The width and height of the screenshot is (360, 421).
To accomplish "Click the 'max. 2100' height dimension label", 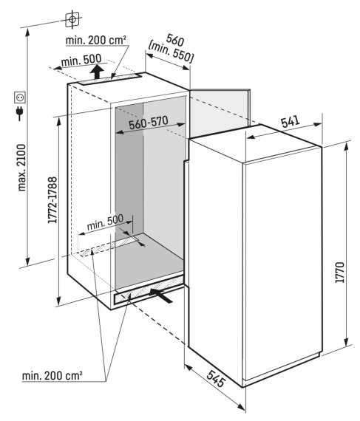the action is click(22, 168).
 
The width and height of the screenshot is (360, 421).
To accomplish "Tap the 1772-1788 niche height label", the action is click(52, 200).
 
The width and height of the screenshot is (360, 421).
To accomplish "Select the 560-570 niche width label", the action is click(149, 123).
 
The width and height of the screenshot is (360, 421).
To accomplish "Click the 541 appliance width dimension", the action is click(291, 122).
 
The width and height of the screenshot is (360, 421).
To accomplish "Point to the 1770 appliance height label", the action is click(340, 272).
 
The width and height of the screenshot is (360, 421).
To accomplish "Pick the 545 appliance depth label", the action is click(216, 378).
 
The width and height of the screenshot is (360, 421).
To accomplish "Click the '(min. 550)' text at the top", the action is click(171, 52).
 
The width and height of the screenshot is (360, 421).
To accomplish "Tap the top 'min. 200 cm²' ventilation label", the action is click(96, 41).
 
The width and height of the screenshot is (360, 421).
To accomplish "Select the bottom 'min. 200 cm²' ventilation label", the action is click(52, 376).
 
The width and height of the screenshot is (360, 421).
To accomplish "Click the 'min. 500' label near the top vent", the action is click(81, 60).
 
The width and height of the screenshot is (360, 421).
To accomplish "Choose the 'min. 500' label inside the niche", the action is click(105, 222).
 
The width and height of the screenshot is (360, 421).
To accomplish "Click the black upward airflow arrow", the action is click(97, 71).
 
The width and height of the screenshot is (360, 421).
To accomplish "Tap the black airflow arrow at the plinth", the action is click(160, 295).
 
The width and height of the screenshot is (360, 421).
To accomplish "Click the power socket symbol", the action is click(20, 97).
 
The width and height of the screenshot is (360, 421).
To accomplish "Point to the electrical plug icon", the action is click(20, 113).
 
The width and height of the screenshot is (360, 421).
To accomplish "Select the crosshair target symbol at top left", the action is click(72, 19).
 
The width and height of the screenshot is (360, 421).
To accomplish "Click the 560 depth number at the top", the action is click(175, 40).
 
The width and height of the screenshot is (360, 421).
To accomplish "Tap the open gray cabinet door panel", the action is click(220, 113).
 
